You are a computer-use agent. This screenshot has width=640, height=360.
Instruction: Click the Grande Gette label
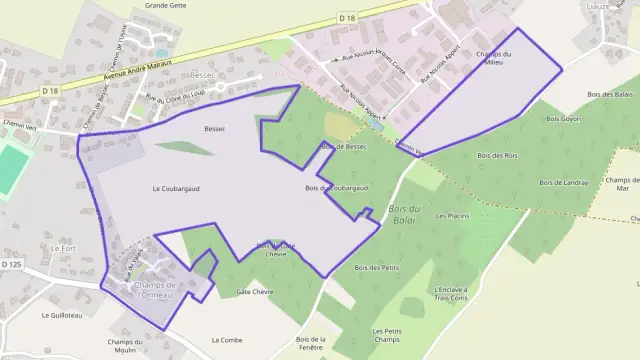[166, 5]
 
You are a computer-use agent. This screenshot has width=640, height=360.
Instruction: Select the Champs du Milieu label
[494, 58]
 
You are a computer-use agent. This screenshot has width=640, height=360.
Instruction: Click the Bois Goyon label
[563, 119]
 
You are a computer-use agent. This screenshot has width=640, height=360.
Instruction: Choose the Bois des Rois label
[497, 155]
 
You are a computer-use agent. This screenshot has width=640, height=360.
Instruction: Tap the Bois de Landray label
[563, 182]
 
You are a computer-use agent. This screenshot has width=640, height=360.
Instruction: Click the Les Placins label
[452, 216]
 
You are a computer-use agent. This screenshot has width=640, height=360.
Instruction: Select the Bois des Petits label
[377, 267]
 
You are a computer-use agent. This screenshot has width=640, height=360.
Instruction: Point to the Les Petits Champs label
[386, 335]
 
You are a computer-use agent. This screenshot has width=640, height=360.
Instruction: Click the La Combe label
[227, 340]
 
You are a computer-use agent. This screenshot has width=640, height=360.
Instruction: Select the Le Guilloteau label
[61, 314]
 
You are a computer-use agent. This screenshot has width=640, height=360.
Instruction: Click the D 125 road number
[11, 264]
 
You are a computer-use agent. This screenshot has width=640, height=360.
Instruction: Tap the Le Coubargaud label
[171, 188]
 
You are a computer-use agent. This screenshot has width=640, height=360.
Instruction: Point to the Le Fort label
[62, 247]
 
